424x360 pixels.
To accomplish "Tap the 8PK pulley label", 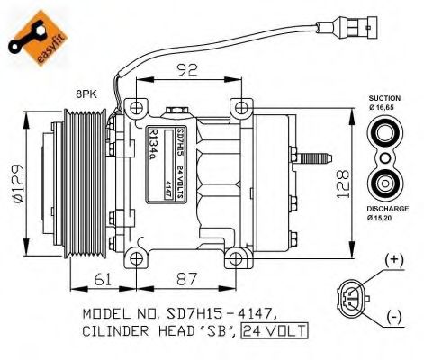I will pos(87,94).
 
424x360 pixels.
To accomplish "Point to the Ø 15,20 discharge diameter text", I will pos(385,217).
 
